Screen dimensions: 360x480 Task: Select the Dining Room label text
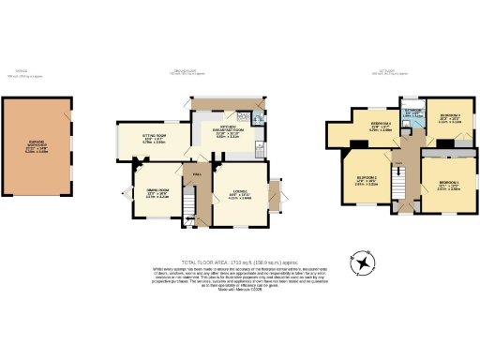(x=157, y=194)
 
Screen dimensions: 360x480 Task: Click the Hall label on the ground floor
(x=198, y=174)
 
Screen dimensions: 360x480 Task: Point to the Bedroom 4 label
(x=380, y=127)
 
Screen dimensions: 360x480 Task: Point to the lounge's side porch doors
(x=276, y=197)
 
